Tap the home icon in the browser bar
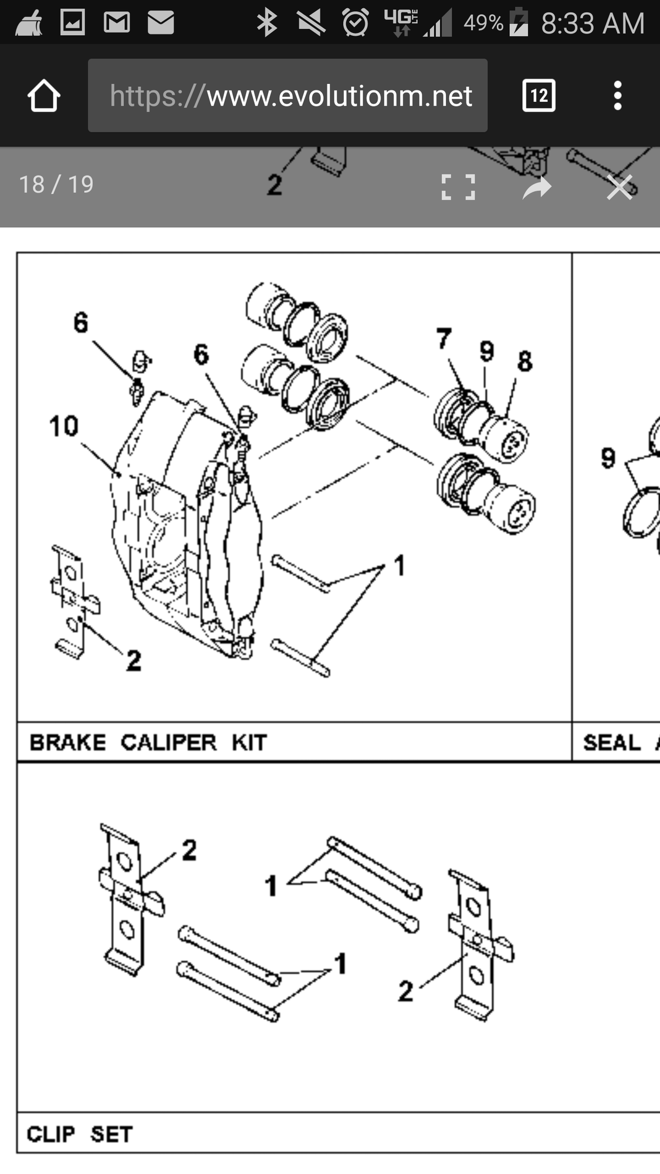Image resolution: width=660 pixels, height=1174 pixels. pos(43,96)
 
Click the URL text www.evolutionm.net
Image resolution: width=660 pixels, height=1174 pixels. pos(339,96)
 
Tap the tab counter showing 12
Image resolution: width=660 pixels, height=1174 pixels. pos(539,96)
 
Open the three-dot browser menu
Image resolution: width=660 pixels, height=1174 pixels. pos(617,96)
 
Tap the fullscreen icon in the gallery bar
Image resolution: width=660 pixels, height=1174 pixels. pos(458,187)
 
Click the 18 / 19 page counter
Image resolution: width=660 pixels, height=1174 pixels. pos(56,185)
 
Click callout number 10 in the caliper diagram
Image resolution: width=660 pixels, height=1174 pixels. pos(63,426)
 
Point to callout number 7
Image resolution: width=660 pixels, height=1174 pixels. pos(444,339)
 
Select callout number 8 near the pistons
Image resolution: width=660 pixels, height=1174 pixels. pos(524,362)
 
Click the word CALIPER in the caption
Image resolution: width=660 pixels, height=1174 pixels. pos(168,743)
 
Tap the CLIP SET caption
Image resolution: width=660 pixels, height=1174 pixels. pos(79,1134)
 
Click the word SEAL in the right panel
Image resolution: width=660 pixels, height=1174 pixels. pos(611,743)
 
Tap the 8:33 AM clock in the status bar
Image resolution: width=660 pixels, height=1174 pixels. pos(593,23)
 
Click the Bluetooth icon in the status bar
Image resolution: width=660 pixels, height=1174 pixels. pos(267,23)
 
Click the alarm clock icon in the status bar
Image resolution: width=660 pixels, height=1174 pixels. pos(355,23)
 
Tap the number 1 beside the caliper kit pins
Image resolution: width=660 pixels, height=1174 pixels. pos(400,566)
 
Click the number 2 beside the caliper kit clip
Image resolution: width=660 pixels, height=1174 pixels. pos(134,661)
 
